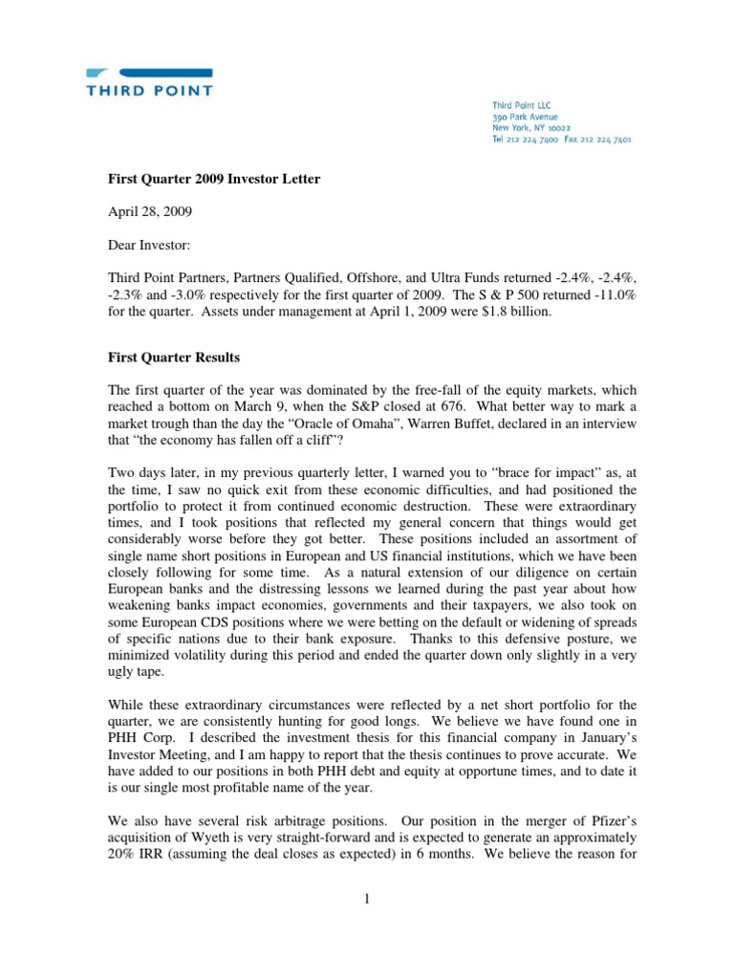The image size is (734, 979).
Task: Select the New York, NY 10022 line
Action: tap(531, 126)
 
